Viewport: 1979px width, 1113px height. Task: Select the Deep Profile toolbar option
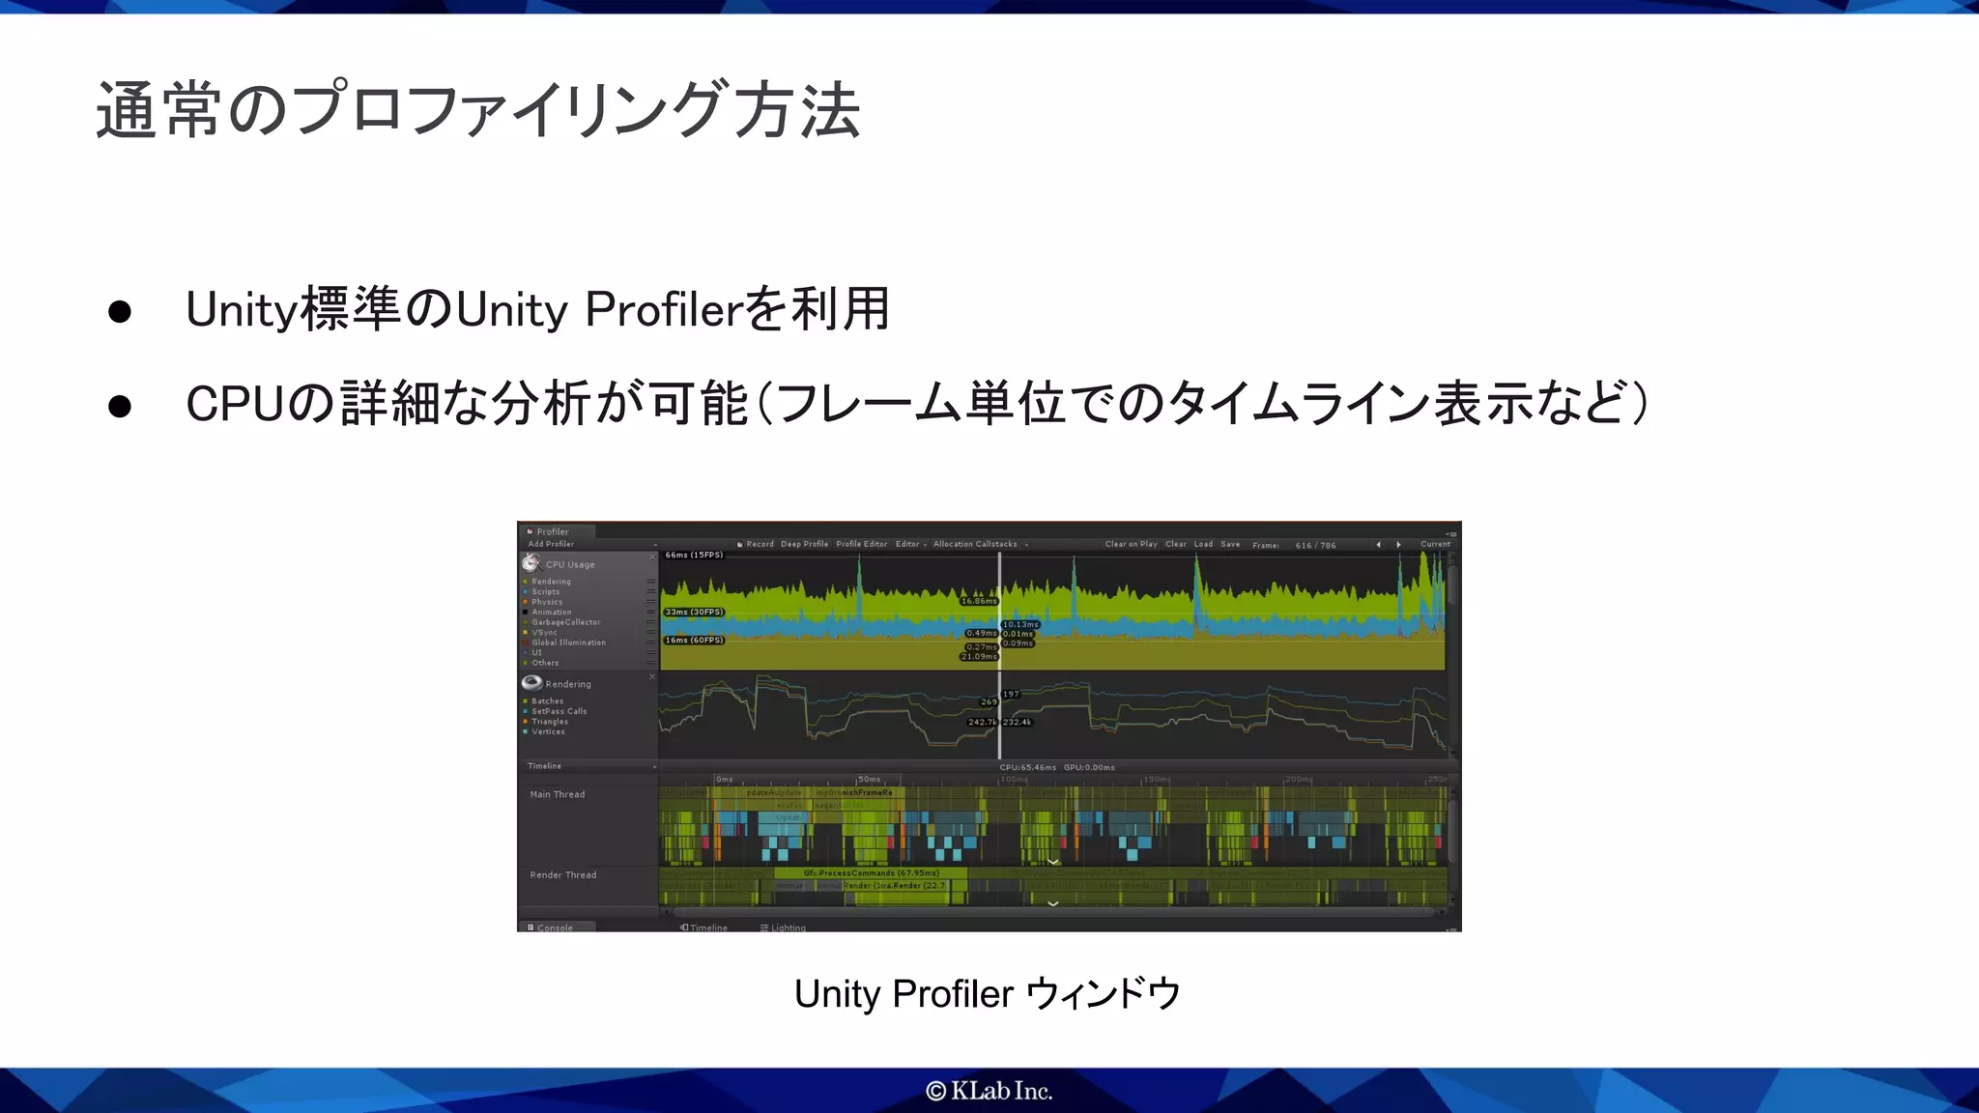pos(804,544)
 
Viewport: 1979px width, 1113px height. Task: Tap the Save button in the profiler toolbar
pos(1230,544)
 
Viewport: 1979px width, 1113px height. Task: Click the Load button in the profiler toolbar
pos(1203,544)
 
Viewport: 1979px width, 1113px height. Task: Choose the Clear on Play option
pos(1131,544)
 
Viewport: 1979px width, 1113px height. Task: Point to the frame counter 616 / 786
pos(1315,545)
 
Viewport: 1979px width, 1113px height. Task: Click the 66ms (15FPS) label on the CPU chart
pos(694,555)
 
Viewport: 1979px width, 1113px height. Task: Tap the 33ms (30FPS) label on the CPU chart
pos(694,612)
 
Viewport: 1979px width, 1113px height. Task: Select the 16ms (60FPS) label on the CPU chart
pos(694,640)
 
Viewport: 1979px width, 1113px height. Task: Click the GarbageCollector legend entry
pos(565,622)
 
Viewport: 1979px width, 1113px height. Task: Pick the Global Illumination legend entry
pos(568,642)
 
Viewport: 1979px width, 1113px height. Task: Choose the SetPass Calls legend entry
pos(559,711)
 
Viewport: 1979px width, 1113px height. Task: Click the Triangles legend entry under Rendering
pos(549,722)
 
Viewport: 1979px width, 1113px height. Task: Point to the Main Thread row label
pos(557,794)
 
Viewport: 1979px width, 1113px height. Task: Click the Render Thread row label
pos(562,874)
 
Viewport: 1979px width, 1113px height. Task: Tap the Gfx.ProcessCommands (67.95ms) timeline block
pos(871,872)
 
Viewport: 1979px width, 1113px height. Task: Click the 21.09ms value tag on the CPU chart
pos(979,657)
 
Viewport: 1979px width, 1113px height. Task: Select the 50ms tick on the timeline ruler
pos(869,779)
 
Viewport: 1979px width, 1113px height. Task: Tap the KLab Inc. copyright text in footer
pos(989,1091)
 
